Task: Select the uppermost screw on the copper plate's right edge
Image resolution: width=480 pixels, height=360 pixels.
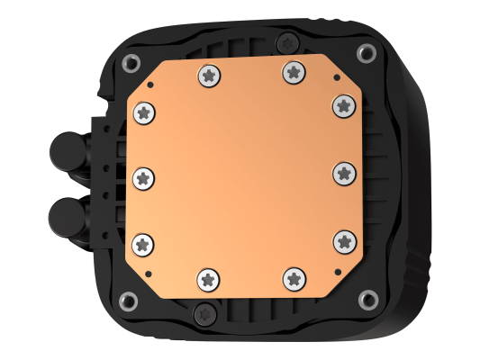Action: (342, 105)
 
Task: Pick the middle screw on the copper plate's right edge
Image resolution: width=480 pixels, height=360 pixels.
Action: (346, 172)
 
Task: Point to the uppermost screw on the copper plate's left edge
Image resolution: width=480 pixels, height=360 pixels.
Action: (145, 112)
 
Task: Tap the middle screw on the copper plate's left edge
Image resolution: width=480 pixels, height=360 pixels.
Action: (143, 178)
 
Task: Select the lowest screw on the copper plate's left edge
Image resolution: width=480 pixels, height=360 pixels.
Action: (144, 243)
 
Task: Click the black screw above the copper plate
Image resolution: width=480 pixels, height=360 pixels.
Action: (285, 40)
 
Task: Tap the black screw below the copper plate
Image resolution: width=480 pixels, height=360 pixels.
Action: (203, 312)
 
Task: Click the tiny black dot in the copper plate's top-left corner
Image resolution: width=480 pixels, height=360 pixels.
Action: (151, 84)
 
